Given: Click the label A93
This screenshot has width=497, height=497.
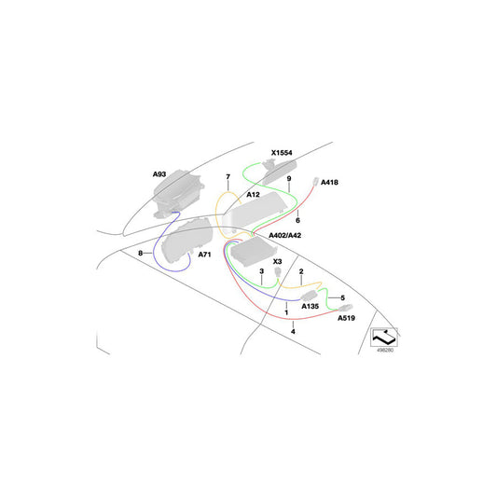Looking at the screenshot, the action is click(159, 174).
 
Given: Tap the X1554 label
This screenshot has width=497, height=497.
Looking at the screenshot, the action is click(282, 153).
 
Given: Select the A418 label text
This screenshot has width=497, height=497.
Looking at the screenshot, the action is click(329, 182).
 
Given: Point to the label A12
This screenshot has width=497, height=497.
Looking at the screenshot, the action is click(253, 194).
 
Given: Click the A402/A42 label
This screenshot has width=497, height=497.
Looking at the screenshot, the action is click(284, 236).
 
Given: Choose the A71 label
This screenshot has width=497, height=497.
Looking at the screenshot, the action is click(204, 255).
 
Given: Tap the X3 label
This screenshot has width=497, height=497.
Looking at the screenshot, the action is click(277, 261).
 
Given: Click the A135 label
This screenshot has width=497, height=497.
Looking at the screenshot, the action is click(310, 306).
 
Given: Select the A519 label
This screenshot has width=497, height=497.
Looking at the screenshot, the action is click(346, 318).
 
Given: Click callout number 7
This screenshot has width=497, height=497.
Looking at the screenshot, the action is click(228, 177).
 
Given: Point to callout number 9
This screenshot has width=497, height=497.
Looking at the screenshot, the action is click(289, 179).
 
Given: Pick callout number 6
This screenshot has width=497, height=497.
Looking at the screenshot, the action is click(297, 220).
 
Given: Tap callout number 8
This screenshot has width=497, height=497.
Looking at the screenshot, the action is click(141, 254).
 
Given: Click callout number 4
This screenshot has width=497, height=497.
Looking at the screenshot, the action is click(293, 332).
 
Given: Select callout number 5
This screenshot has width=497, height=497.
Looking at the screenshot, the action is click(342, 298).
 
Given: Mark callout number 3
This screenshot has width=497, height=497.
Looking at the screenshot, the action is click(261, 271).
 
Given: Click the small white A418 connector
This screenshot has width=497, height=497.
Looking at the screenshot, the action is click(316, 181).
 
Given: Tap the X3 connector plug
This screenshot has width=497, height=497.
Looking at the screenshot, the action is click(278, 272).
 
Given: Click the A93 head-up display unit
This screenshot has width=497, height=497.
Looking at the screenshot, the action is click(178, 194).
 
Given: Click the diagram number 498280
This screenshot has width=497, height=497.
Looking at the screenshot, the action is click(385, 351).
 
